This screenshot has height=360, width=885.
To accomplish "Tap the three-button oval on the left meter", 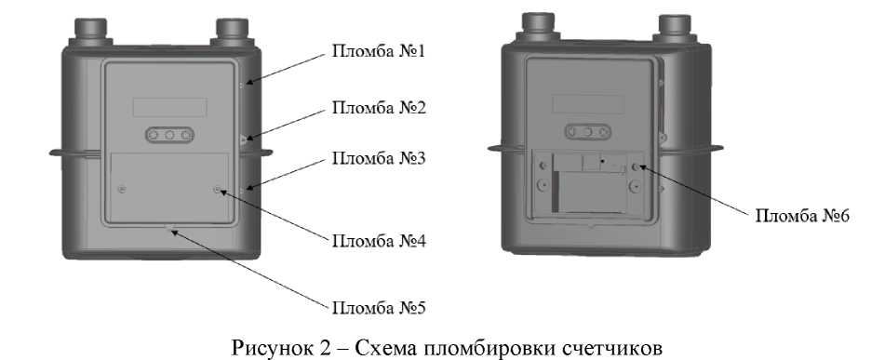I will [170, 136].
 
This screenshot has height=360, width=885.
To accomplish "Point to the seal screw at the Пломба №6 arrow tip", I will [637, 167].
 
